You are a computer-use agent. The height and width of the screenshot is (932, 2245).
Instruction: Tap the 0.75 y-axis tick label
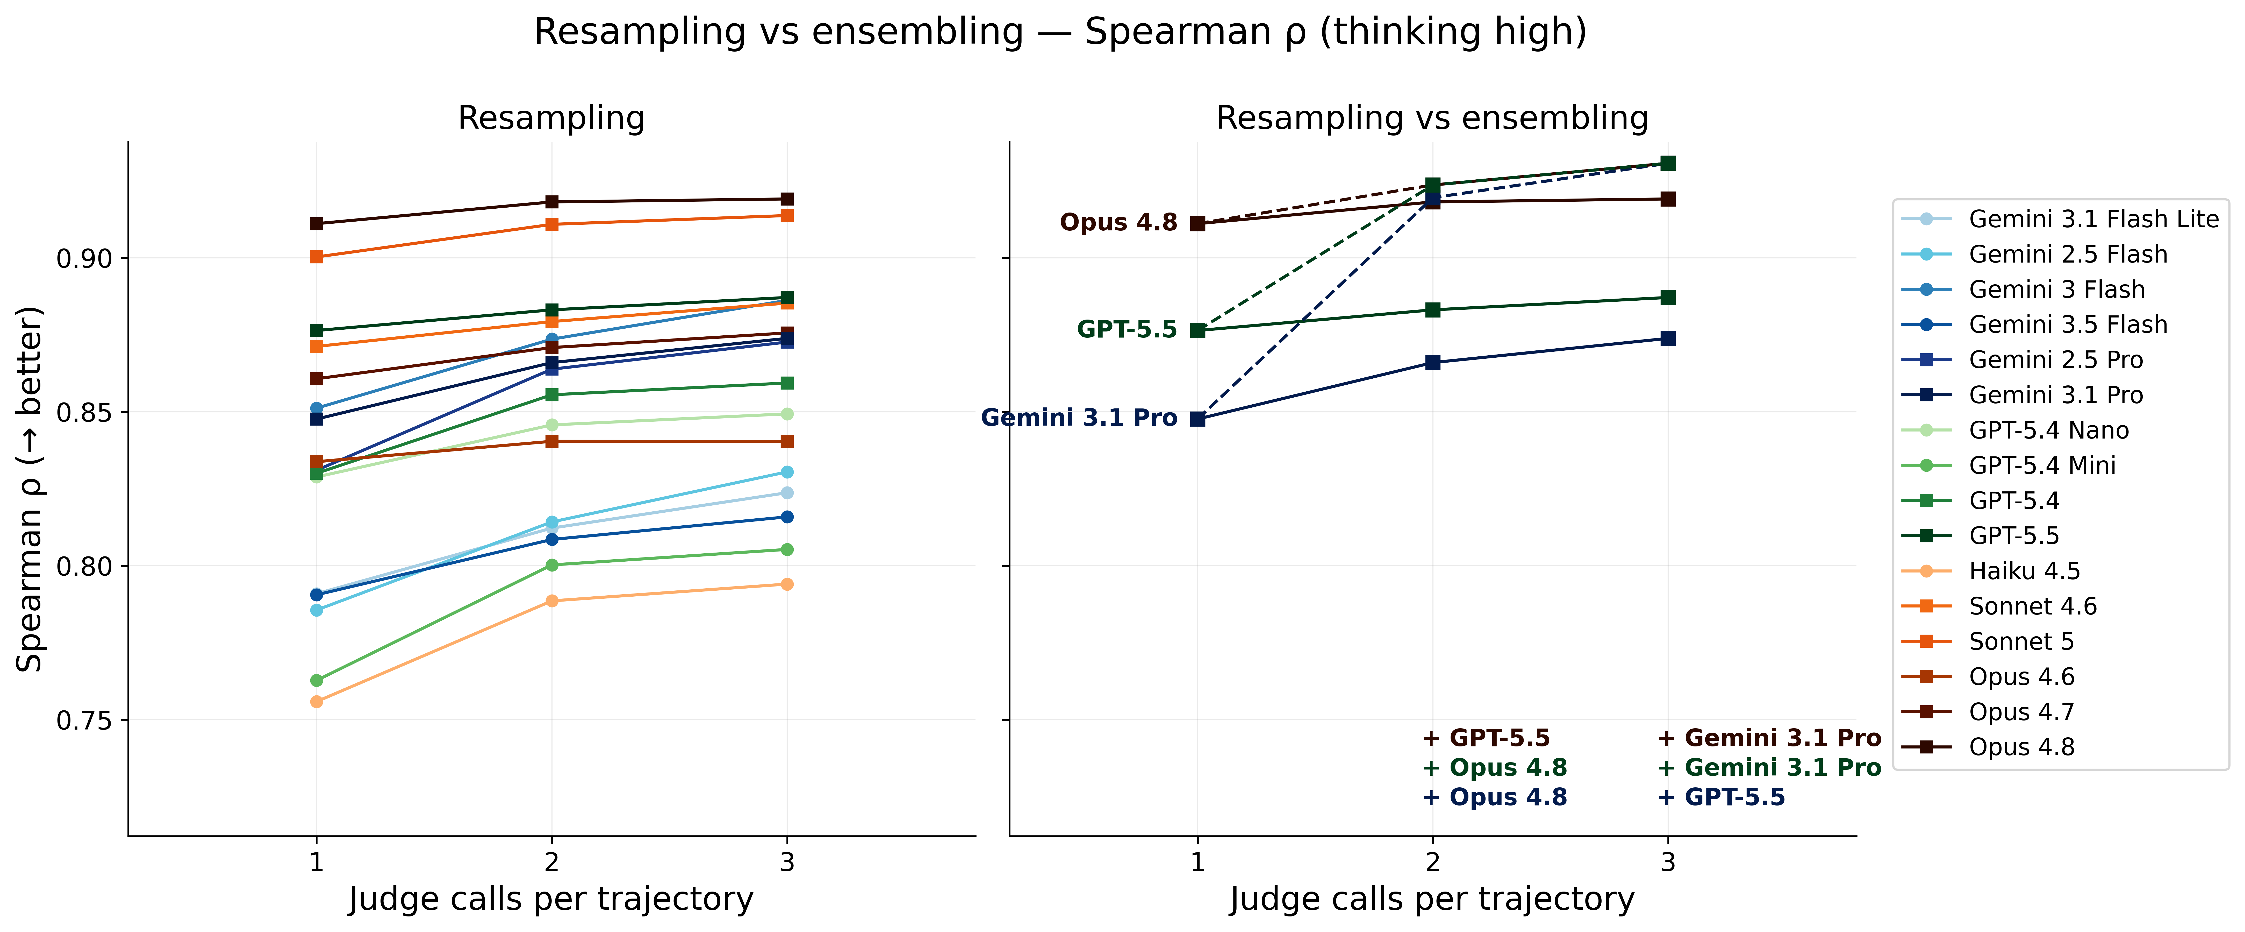(85, 720)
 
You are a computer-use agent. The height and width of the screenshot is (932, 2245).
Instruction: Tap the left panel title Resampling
(552, 118)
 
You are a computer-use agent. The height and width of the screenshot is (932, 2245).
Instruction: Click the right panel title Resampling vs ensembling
(1433, 118)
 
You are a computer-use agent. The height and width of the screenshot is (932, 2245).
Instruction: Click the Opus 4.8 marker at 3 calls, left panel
(787, 199)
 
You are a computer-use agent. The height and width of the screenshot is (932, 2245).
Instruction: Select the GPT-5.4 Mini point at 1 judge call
(316, 680)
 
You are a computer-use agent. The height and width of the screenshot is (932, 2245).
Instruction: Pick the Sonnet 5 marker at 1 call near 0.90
(316, 257)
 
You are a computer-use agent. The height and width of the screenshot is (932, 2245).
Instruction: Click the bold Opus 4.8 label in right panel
(1119, 222)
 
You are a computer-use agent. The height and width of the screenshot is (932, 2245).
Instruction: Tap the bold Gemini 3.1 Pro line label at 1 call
(1079, 418)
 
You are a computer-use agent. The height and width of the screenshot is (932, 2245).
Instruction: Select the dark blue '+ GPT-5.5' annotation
(1721, 797)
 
